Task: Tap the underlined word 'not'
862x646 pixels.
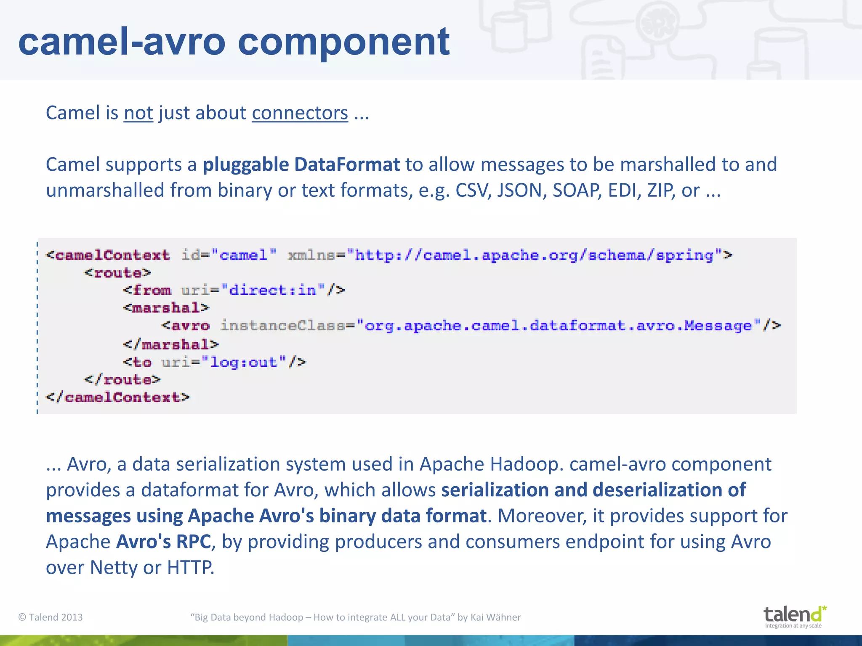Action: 138,113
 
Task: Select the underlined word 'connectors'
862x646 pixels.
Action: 300,113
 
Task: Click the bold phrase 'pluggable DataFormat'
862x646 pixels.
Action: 301,164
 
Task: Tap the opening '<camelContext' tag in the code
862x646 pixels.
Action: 108,255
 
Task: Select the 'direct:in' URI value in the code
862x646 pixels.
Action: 273,290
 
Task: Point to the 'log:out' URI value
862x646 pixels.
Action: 244,362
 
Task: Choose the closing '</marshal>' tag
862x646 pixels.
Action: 171,344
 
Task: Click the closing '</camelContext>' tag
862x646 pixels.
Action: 118,397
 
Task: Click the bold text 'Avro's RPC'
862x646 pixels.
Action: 163,542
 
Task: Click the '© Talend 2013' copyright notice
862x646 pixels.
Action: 51,617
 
